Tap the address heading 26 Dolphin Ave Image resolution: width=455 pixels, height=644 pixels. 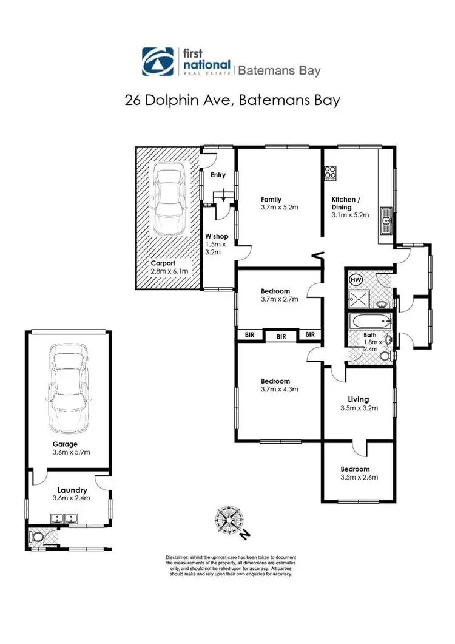182,100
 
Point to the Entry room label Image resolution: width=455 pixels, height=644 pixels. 218,175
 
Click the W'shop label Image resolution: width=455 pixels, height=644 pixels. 213,237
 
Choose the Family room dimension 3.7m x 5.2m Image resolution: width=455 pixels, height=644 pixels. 278,208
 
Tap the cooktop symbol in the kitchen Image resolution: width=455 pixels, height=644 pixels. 330,173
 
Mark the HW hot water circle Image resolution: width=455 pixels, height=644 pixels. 356,279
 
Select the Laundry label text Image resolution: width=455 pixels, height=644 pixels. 72,490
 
